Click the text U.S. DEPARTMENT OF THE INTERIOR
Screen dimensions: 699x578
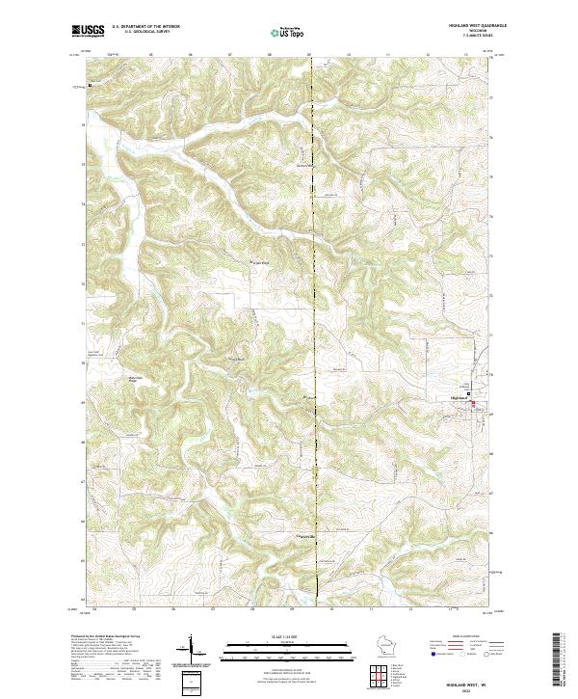[x=145, y=27]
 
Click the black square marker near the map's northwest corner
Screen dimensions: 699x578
[x=90, y=85]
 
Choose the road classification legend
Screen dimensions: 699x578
[x=478, y=647]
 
